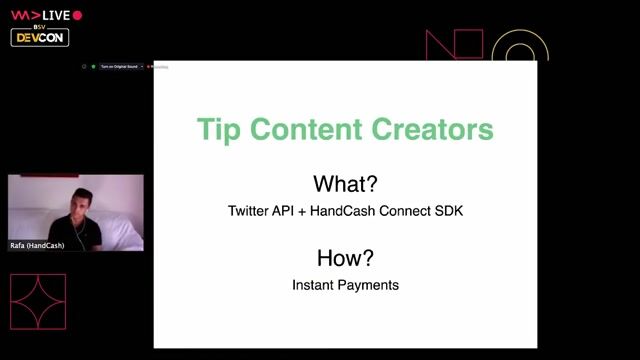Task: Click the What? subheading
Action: coord(345,184)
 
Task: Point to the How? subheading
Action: coord(345,258)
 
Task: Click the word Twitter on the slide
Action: coord(251,212)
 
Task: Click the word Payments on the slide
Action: coord(370,285)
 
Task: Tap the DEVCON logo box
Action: coord(40,37)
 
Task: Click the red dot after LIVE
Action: coord(78,15)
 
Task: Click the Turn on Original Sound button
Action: coord(120,67)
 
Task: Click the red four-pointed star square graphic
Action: coord(38,301)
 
